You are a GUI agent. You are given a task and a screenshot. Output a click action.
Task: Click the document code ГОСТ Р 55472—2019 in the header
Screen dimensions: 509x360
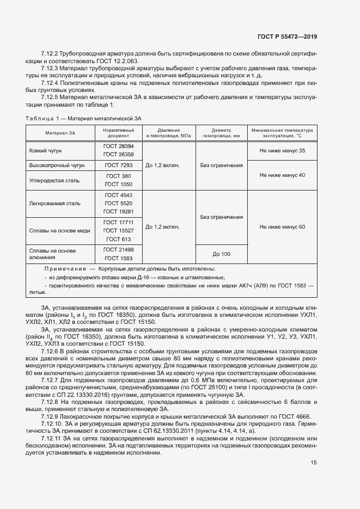click(x=286, y=36)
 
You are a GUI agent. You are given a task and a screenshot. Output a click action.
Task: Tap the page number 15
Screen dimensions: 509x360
click(x=314, y=462)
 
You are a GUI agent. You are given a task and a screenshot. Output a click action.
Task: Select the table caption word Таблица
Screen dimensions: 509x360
click(x=39, y=118)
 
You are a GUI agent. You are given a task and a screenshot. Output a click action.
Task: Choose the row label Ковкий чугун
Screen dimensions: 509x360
click(x=45, y=151)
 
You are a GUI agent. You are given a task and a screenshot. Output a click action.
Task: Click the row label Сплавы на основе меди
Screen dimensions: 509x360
click(x=59, y=230)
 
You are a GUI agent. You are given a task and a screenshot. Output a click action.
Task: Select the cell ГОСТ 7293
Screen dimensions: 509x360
click(x=119, y=164)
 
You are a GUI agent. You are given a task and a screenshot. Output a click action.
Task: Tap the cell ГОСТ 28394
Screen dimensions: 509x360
click(x=119, y=146)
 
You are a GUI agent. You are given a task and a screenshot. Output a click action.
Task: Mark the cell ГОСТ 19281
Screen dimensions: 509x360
click(x=119, y=211)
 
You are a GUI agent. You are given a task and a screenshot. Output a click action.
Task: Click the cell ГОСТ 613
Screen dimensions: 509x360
click(x=119, y=239)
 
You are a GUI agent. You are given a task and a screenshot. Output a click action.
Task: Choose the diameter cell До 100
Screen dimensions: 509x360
click(x=221, y=254)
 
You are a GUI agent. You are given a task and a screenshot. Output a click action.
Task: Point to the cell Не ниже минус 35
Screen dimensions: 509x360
click(x=282, y=151)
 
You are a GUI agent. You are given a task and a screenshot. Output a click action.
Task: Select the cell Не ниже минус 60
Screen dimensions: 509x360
click(x=282, y=226)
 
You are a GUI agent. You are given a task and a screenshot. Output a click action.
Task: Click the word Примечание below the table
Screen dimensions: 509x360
click(x=65, y=269)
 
